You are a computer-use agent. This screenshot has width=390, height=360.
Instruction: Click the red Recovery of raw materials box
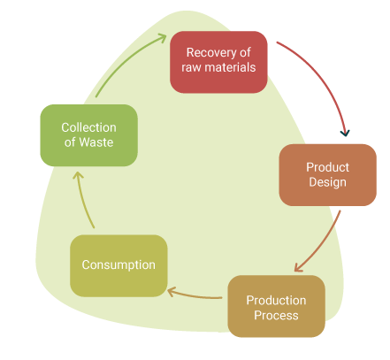[218, 62]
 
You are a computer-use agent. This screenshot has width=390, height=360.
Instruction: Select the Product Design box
[327, 175]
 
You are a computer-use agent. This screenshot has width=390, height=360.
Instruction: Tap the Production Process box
[276, 306]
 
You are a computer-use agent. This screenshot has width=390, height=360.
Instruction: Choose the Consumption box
[119, 265]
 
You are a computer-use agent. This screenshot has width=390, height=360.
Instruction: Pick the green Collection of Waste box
[88, 135]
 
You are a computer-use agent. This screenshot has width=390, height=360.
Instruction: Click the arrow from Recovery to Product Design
[325, 77]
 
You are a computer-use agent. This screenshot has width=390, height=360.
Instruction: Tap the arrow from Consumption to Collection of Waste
[83, 201]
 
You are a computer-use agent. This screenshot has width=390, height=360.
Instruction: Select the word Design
[327, 182]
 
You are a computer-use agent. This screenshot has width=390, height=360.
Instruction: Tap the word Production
[276, 301]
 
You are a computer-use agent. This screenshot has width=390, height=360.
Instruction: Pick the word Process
[276, 316]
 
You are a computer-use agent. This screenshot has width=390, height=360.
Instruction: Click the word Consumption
[119, 265]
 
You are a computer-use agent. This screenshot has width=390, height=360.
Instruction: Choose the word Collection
[88, 127]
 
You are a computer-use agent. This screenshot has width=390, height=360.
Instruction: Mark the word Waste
[96, 142]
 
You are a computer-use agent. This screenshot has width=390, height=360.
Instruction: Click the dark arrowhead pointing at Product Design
[345, 133]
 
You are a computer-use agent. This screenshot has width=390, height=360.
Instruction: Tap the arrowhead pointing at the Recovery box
[162, 38]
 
